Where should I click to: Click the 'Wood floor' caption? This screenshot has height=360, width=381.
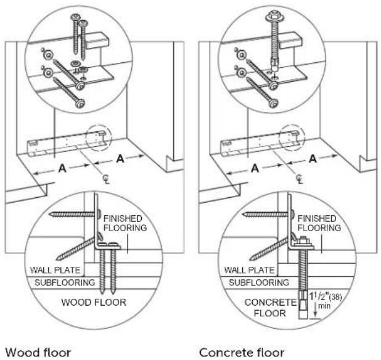pyautogui.click(x=38, y=353)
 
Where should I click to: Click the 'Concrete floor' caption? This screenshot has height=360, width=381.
pyautogui.click(x=242, y=353)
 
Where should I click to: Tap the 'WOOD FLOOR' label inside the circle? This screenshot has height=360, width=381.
pyautogui.click(x=94, y=303)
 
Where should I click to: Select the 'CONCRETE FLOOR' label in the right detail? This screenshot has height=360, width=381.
pyautogui.click(x=270, y=308)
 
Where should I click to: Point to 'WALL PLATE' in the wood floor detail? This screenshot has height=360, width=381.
pyautogui.click(x=55, y=270)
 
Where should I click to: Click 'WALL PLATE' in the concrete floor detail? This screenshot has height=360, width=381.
pyautogui.click(x=249, y=270)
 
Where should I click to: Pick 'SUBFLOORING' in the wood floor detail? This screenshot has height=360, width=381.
pyautogui.click(x=65, y=282)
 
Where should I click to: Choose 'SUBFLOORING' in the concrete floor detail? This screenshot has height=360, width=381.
pyautogui.click(x=259, y=282)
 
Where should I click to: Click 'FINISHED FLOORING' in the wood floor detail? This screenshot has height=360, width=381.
pyautogui.click(x=125, y=223)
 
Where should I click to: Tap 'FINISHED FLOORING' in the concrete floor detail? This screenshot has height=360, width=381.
pyautogui.click(x=319, y=223)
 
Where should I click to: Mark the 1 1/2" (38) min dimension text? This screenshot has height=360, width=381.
pyautogui.click(x=325, y=301)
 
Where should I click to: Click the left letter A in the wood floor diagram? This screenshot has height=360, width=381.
pyautogui.click(x=62, y=168)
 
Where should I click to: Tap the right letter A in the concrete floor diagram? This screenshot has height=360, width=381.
pyautogui.click(x=313, y=159)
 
